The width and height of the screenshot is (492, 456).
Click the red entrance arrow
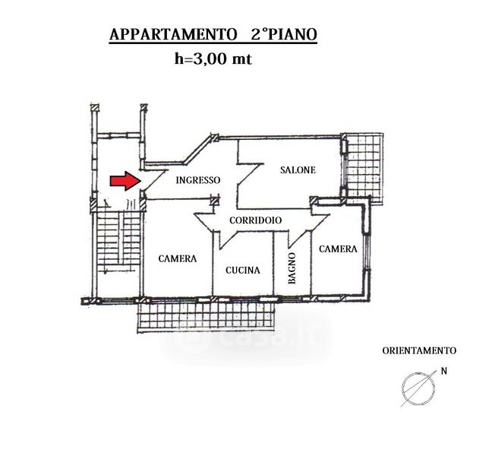click(x=125, y=181)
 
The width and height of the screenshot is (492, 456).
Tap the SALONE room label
click(x=298, y=170)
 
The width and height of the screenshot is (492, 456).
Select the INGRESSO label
click(x=198, y=180)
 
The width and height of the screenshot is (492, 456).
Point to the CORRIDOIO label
click(x=255, y=220)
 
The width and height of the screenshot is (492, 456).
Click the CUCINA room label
click(x=243, y=270)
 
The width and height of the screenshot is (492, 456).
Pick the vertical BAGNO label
click(x=292, y=268)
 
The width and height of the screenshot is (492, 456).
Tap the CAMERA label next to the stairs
click(x=178, y=258)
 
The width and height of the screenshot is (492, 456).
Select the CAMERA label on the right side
click(x=338, y=249)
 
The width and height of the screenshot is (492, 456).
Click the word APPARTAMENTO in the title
click(x=173, y=34)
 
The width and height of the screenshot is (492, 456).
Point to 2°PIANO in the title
click(x=284, y=34)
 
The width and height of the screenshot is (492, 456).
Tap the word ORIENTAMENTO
click(x=419, y=351)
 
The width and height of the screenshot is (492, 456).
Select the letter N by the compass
click(x=443, y=371)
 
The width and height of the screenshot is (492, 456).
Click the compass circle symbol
click(x=418, y=388)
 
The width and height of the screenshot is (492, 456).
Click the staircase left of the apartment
click(x=118, y=238)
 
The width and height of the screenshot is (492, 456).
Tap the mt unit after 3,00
click(x=241, y=59)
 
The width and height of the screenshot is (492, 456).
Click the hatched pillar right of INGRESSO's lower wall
click(x=215, y=199)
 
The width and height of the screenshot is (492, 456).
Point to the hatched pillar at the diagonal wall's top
click(x=215, y=138)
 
